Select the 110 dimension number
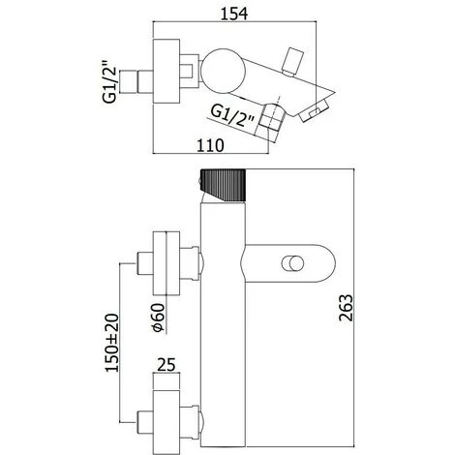pyautogui.click(x=212, y=146)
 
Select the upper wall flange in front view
pyautogui.click(x=169, y=264)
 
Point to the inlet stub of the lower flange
pyautogui.click(x=146, y=422)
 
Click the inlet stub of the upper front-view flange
pyautogui.click(x=146, y=264)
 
